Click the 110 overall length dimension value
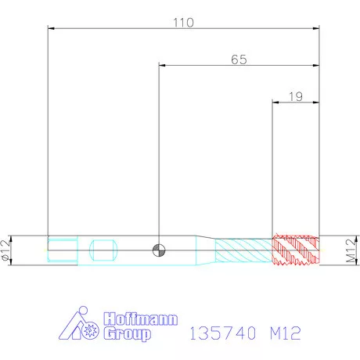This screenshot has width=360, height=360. pyautogui.click(x=183, y=23)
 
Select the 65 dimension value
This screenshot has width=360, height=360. pyautogui.click(x=239, y=59)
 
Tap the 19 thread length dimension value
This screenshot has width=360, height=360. pyautogui.click(x=296, y=97)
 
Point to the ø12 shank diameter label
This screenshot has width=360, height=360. pyautogui.click(x=5, y=250)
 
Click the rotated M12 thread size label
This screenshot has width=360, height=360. pyautogui.click(x=351, y=250)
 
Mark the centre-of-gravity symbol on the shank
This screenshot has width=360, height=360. pyautogui.click(x=159, y=250)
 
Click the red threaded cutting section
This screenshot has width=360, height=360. pyautogui.click(x=296, y=250)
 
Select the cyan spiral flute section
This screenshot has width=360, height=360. pyautogui.click(x=243, y=250)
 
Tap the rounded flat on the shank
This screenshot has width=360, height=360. pyautogui.click(x=103, y=250)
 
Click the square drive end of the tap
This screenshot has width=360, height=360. pyautogui.click(x=63, y=250)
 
